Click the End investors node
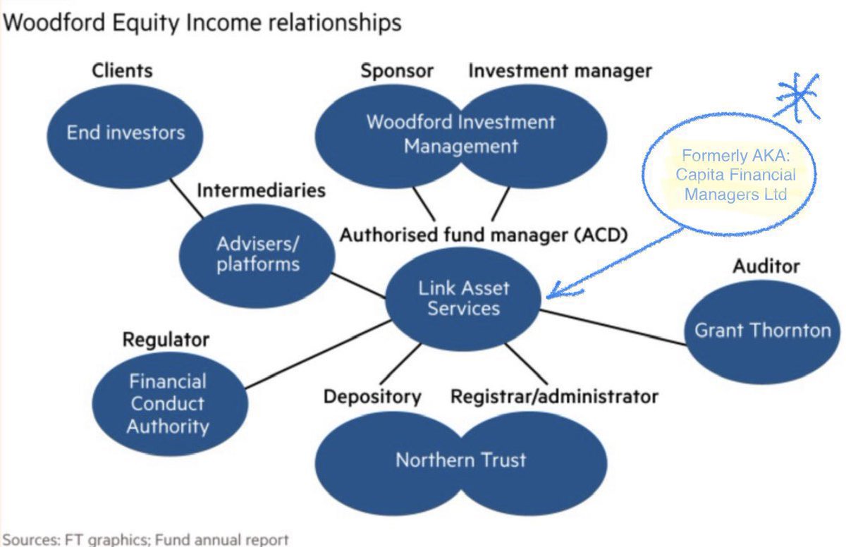tap(125, 132)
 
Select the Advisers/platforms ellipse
tap(257, 254)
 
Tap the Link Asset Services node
tap(463, 298)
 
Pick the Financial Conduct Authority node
tap(169, 404)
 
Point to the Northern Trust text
tap(460, 460)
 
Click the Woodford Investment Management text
tap(460, 134)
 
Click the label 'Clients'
tap(122, 70)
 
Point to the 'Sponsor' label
tap(397, 70)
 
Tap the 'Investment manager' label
tap(560, 70)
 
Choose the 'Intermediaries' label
tap(261, 190)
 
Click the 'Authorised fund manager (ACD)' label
tap(484, 235)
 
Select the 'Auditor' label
tap(766, 266)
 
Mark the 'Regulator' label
tap(166, 340)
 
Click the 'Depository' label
tap(372, 397)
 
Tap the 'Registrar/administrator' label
tap(554, 397)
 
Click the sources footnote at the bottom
tap(145, 540)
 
